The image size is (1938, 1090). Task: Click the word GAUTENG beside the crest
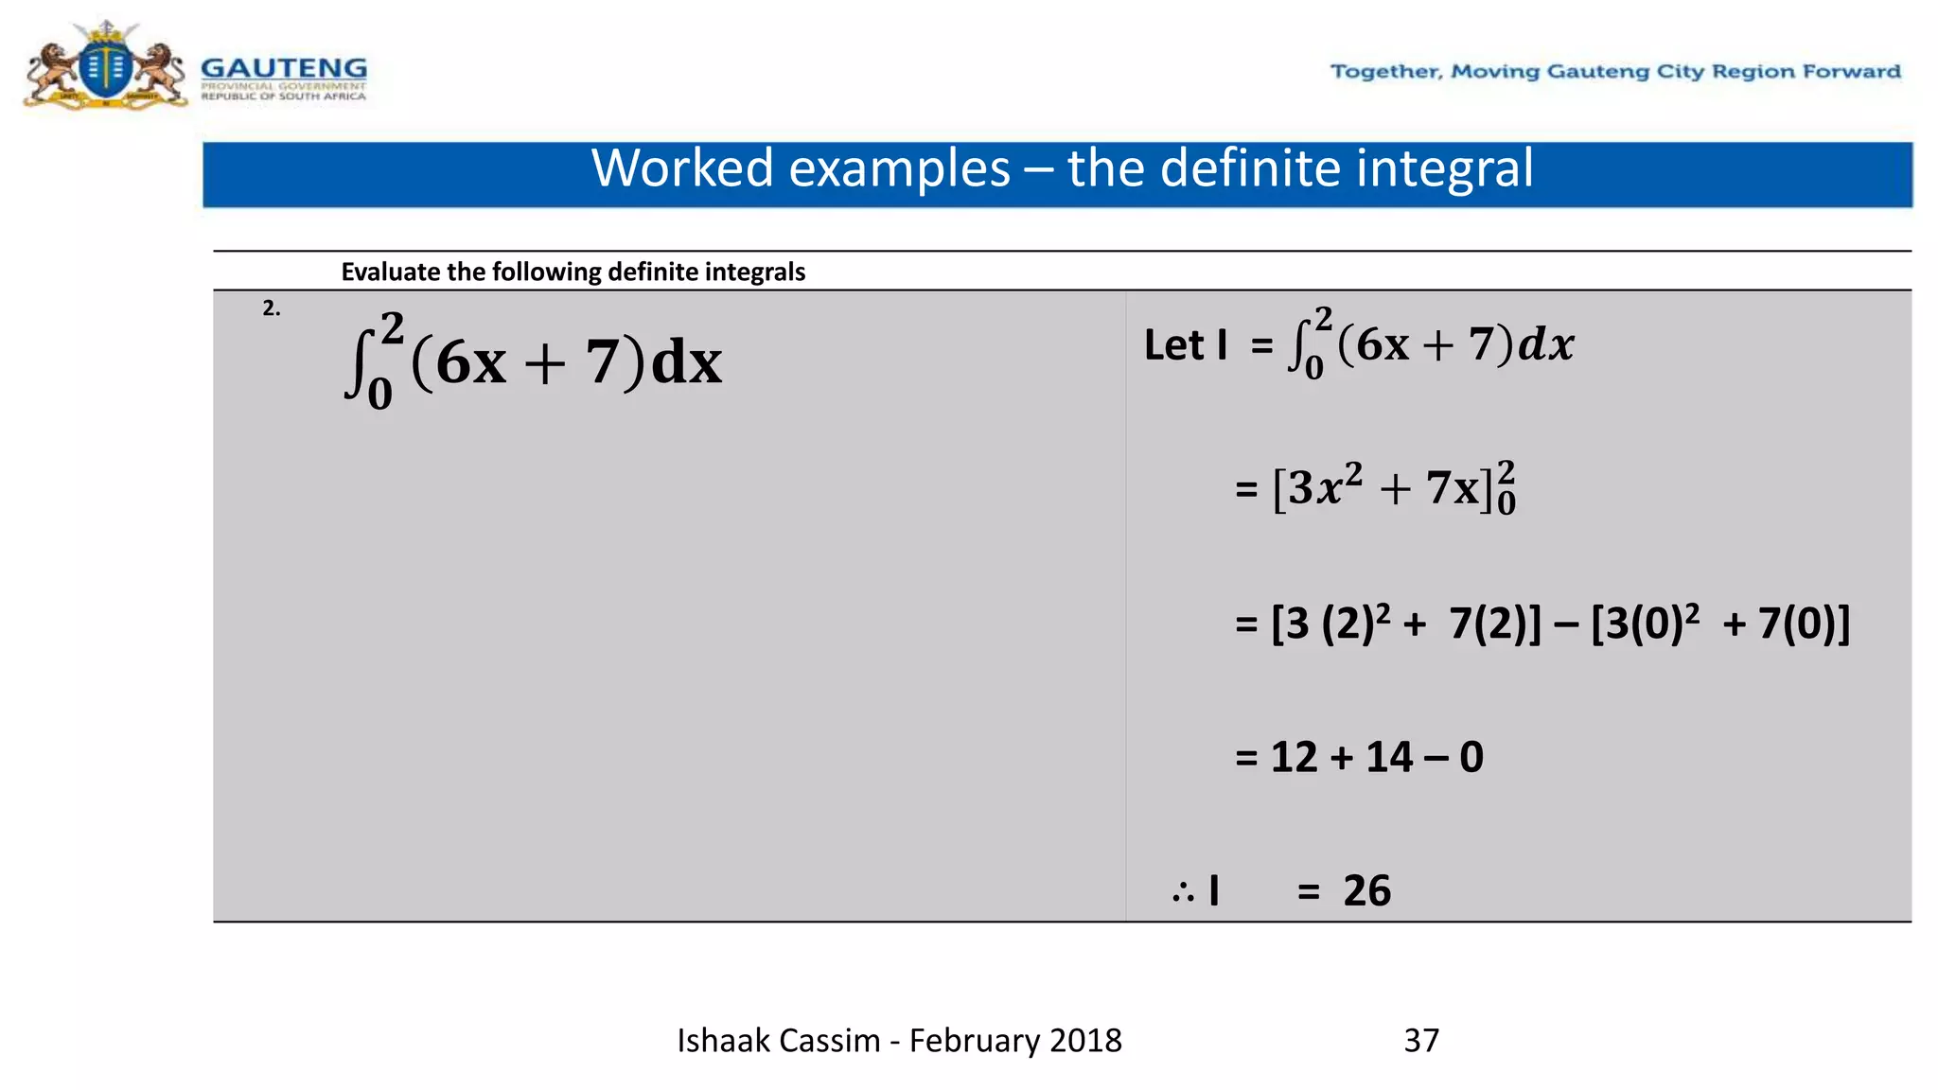284,68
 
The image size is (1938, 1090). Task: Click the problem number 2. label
272,308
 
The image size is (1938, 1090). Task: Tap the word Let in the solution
1173,345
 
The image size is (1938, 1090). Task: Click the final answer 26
1366,891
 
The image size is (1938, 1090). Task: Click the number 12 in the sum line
1294,758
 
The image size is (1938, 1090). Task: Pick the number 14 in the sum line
1389,758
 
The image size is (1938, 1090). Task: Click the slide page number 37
1421,1041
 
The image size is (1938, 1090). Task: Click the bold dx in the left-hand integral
687,362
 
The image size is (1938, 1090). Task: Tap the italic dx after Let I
1546,344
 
